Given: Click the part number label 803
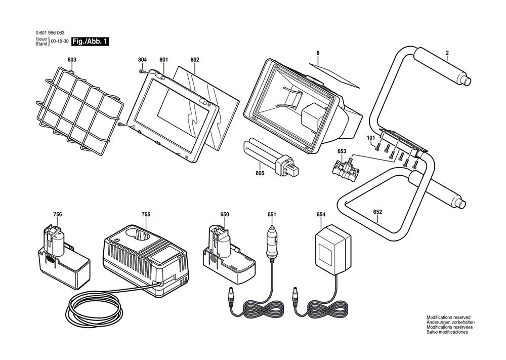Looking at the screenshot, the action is [x=72, y=60].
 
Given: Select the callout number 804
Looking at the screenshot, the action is [x=142, y=60].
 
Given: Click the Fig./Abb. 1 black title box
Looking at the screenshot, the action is [x=90, y=42].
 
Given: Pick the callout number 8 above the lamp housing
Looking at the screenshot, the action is [x=318, y=53].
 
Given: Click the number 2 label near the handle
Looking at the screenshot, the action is [x=447, y=53].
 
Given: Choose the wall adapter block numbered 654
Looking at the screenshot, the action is [x=333, y=251].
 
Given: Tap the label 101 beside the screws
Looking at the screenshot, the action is [x=371, y=138].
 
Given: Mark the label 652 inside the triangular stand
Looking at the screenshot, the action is [x=377, y=212].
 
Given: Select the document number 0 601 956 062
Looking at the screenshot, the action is [x=50, y=32].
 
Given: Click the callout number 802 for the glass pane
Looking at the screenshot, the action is [x=195, y=60].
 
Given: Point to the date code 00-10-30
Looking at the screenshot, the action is [x=60, y=42].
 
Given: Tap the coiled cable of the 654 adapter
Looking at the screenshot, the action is [x=326, y=308].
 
